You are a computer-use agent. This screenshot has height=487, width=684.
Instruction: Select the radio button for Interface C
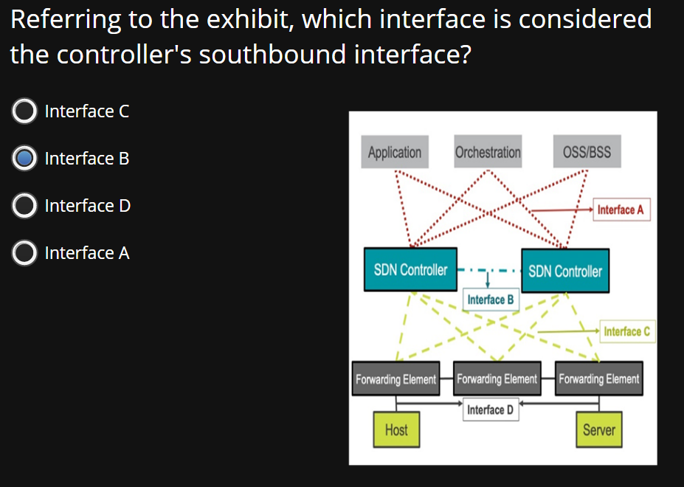click(x=24, y=111)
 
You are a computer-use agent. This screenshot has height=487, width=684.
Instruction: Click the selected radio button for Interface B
click(x=24, y=159)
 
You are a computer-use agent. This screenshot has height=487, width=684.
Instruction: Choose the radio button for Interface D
click(x=24, y=206)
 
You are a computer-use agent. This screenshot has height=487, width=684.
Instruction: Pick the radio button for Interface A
click(x=24, y=253)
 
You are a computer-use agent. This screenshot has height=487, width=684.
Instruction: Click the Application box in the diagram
click(x=395, y=153)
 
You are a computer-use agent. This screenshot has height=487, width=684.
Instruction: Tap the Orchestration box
click(x=488, y=153)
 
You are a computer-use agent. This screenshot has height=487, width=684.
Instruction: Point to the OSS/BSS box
click(x=587, y=153)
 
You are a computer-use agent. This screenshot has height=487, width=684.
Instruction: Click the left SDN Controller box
click(x=410, y=269)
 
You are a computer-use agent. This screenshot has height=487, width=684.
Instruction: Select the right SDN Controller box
click(x=565, y=271)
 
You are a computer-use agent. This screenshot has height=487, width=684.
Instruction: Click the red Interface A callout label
click(x=621, y=210)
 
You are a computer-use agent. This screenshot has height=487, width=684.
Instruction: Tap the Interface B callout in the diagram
click(x=491, y=300)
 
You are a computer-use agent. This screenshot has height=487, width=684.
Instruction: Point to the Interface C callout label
click(x=626, y=331)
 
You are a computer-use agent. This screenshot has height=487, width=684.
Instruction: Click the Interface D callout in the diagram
click(x=491, y=410)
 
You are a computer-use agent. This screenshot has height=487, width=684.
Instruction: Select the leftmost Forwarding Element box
click(x=395, y=379)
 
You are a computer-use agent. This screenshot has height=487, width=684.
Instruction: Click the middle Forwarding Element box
click(x=497, y=379)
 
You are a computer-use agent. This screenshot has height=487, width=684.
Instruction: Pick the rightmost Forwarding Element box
click(x=598, y=379)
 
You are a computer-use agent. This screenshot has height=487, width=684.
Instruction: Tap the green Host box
click(x=396, y=429)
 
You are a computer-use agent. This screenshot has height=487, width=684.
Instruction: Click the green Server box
click(x=598, y=429)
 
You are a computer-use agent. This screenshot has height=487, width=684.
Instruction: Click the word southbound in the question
click(x=272, y=55)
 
